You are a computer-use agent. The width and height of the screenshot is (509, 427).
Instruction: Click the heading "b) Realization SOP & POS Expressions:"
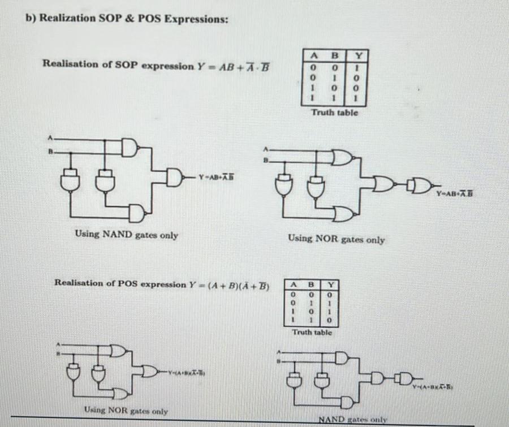[x=127, y=18]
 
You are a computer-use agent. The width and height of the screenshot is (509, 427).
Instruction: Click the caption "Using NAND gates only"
[x=127, y=235]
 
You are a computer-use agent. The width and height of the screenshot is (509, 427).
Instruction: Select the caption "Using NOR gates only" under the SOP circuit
[x=336, y=239]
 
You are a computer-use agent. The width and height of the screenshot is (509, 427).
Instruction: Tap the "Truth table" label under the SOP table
[x=334, y=113]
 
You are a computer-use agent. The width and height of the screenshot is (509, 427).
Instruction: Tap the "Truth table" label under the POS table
[x=312, y=332]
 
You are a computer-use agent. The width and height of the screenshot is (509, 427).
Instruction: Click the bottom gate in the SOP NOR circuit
[x=343, y=213]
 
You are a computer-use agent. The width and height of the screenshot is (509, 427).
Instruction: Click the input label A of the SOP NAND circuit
[x=51, y=138]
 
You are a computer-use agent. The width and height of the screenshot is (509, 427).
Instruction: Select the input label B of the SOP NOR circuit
[x=264, y=160]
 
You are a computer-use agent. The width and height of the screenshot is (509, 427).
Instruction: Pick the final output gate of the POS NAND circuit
[x=406, y=378]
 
